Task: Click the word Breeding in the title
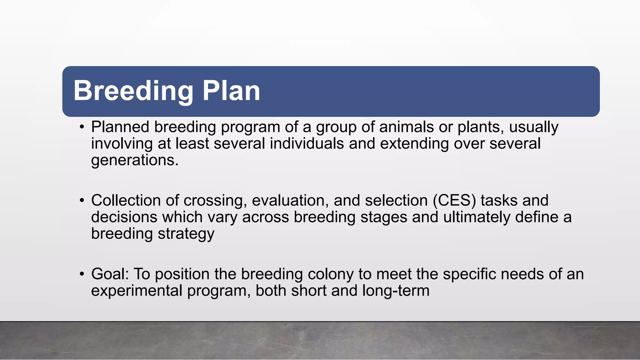[133, 91]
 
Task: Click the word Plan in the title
[231, 91]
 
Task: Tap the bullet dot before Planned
[82, 127]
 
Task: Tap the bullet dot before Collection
[82, 201]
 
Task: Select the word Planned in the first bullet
[120, 127]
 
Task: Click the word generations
[134, 161]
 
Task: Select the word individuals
[307, 144]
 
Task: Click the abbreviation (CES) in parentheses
[454, 201]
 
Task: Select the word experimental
[137, 291]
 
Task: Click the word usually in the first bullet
[533, 127]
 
